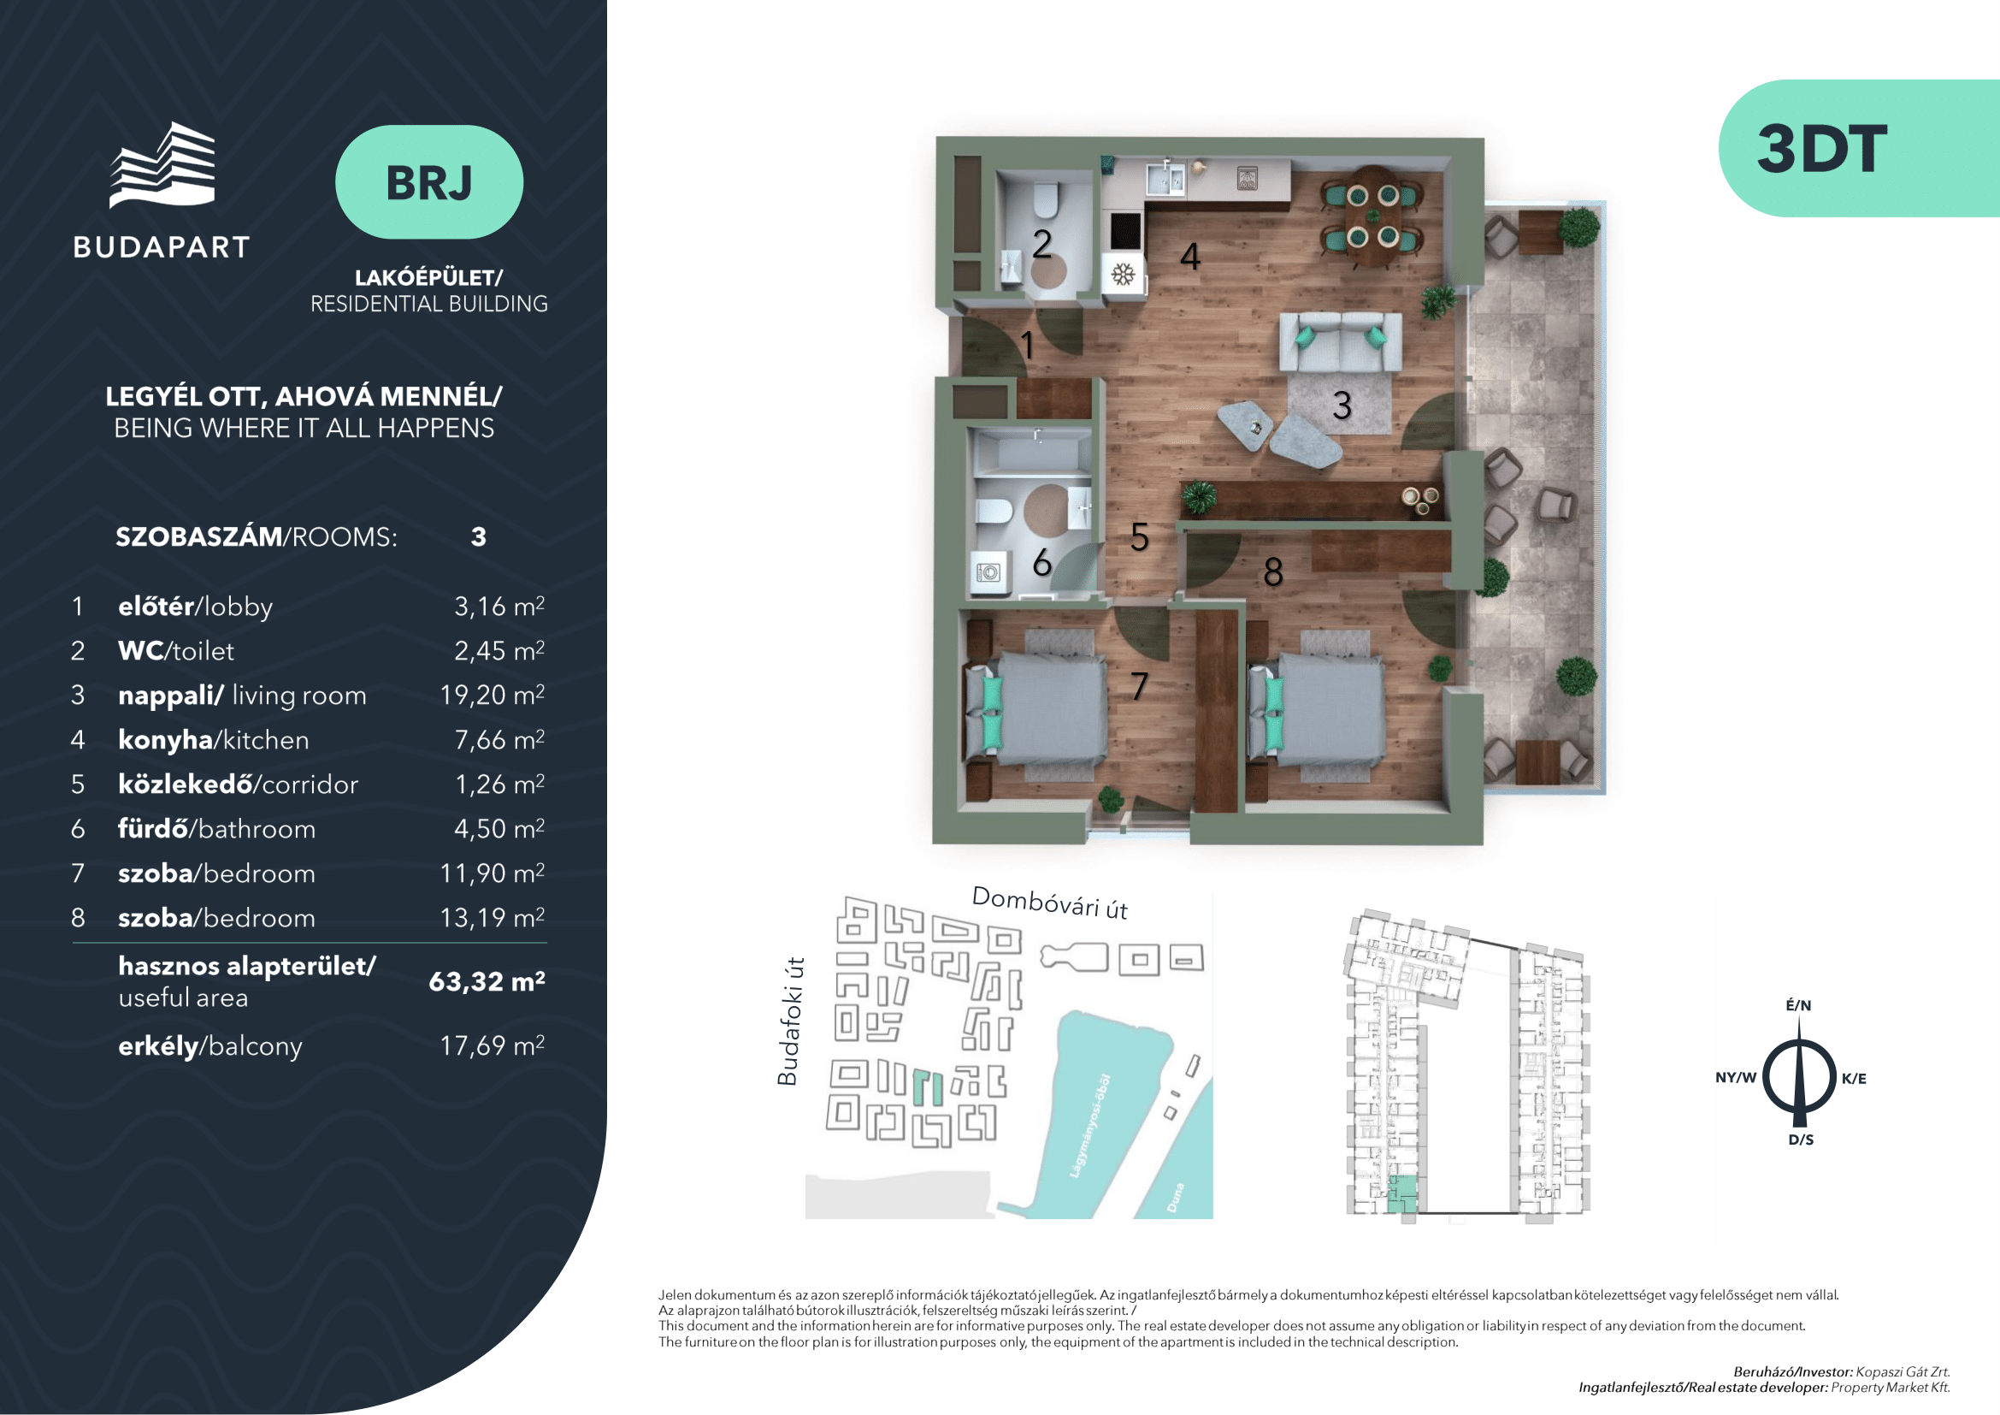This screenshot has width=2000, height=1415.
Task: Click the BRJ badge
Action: tap(428, 182)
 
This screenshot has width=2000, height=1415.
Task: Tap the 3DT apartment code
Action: tap(1821, 149)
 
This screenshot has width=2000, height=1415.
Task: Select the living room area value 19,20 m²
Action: tap(493, 695)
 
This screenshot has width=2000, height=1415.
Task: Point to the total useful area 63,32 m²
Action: tap(487, 981)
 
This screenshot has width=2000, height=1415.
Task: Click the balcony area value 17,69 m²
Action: tap(493, 1045)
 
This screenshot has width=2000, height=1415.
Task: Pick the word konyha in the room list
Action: tap(166, 740)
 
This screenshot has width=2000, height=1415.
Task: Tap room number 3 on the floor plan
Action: tap(1342, 406)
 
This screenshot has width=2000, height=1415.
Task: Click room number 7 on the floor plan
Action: tap(1138, 686)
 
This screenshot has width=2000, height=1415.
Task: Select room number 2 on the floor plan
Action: tap(1041, 244)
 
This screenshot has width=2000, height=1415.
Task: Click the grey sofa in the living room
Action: tap(1340, 341)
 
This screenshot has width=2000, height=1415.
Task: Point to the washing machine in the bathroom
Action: tap(988, 572)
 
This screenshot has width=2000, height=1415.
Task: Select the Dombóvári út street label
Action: tap(1050, 903)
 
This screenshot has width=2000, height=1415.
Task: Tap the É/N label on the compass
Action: tap(1799, 1004)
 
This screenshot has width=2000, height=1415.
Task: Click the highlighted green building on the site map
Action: tap(928, 1087)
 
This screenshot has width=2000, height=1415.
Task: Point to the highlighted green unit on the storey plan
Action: tap(1401, 1193)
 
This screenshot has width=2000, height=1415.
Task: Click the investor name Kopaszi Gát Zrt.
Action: tap(1903, 1372)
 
